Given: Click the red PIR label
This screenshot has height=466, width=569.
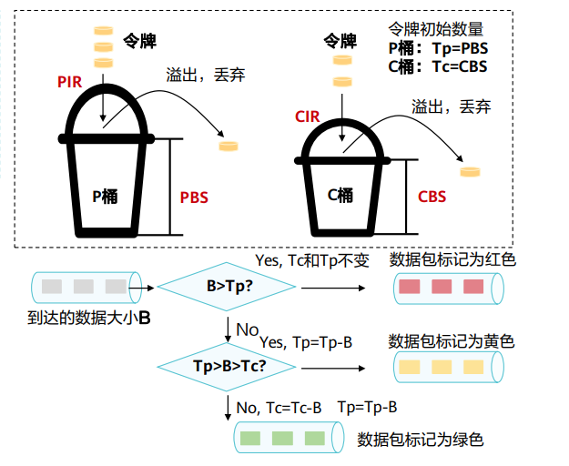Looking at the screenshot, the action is point(70,82).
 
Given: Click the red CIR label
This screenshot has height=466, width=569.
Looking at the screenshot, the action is point(308,116).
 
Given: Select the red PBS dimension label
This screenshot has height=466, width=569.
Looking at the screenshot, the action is point(194,198).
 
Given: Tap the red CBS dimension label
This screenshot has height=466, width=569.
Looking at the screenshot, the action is point(432,197).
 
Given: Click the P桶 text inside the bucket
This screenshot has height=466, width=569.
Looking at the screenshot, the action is point(105,197).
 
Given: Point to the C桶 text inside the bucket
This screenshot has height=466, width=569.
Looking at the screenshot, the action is point(340,196).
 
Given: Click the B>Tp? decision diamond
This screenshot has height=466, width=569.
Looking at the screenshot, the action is point(227,287).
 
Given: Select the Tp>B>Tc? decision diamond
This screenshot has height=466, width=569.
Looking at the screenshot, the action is point(227,367).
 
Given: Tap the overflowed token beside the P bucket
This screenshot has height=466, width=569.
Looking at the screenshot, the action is point(229,147).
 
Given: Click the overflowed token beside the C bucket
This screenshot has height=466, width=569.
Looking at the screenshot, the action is point(471,171).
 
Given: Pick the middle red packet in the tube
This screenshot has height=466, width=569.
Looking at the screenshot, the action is point(442,287).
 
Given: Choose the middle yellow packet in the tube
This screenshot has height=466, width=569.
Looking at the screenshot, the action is point(442,367).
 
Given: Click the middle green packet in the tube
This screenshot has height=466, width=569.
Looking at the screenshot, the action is point(283,438).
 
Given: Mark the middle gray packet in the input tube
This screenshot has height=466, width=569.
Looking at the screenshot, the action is point(84,287).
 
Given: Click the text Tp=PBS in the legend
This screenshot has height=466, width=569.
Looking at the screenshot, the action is point(460,48).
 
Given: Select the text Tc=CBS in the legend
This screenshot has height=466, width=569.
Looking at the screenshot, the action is point(460,66).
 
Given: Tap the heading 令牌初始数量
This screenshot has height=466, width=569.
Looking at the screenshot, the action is point(436,29).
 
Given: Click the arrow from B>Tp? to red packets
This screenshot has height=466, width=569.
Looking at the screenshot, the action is point(333,288).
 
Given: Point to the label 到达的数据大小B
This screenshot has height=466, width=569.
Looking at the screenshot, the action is point(89,318).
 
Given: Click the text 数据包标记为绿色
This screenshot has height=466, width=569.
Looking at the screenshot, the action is point(421,440).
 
